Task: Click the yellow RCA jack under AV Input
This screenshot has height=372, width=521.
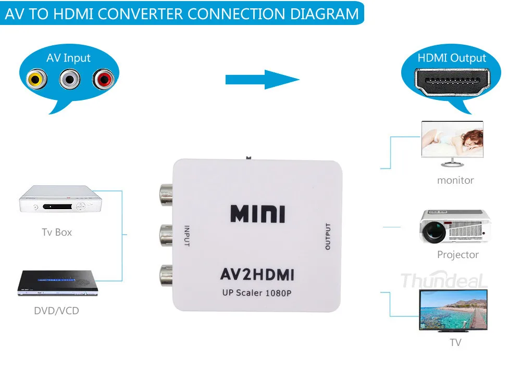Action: click(36, 79)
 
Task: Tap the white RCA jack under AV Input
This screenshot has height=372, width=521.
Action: click(70, 79)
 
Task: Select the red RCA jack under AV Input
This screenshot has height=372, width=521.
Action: click(103, 79)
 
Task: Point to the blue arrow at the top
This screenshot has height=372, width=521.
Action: click(263, 80)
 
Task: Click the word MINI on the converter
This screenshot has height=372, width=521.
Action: click(257, 214)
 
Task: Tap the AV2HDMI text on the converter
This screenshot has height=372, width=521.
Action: click(257, 274)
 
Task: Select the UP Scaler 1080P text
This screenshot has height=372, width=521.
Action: click(257, 293)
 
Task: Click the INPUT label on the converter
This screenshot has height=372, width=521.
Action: click(187, 236)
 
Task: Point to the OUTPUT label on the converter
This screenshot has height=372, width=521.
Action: click(328, 236)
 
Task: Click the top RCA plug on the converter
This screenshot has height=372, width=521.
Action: click(166, 195)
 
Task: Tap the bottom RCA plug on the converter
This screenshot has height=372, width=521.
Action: click(166, 275)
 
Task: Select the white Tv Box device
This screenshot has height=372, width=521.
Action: click(60, 199)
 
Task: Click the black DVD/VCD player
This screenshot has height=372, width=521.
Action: click(58, 283)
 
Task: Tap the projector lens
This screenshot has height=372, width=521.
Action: click(434, 230)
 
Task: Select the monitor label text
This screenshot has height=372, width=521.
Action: click(455, 180)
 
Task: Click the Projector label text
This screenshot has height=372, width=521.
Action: click(458, 254)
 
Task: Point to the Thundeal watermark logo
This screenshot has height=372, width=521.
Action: click(444, 280)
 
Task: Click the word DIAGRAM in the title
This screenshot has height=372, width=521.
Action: click(325, 14)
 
